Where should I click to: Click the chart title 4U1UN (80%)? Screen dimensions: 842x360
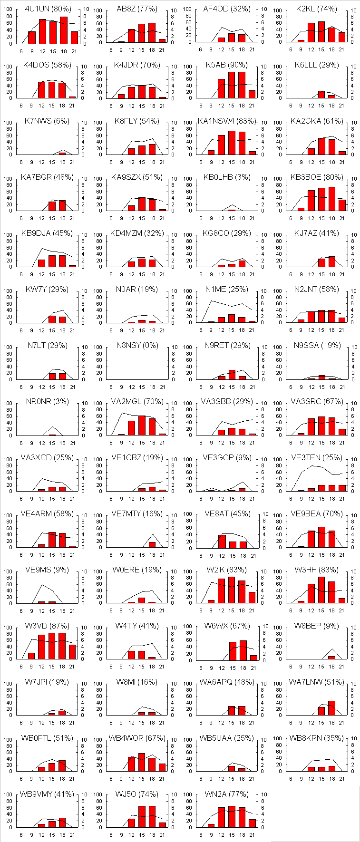[x=48, y=9]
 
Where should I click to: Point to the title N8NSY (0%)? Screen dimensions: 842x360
[x=137, y=346]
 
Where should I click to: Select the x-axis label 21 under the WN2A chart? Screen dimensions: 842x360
[x=252, y=835]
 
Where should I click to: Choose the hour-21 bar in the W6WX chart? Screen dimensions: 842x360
[x=253, y=658]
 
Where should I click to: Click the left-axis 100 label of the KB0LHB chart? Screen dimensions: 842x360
[x=188, y=179]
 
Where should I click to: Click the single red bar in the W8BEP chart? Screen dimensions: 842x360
[x=331, y=658]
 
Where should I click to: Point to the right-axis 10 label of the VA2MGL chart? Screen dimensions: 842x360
[x=174, y=403]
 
